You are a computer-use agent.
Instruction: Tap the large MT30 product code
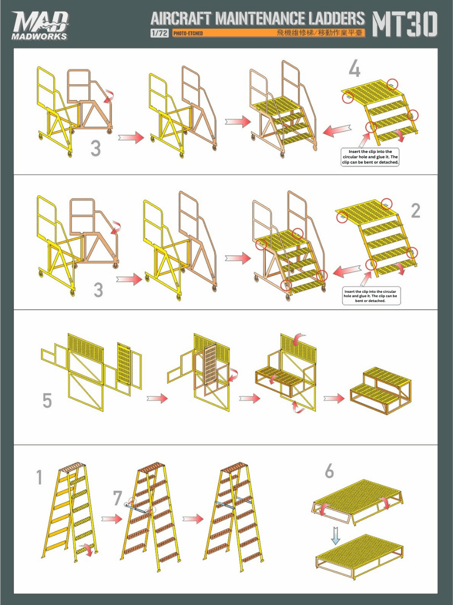pos(405,24)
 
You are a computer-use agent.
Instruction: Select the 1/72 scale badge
pos(159,33)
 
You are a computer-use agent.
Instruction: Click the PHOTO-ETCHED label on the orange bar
pos(188,33)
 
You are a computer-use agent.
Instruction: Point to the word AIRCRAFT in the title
pos(181,19)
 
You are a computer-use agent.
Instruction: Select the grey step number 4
pos(355,69)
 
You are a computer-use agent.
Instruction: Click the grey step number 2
pos(416,211)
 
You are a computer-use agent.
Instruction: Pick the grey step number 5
pos(47,400)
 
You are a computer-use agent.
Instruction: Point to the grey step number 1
pos(39,477)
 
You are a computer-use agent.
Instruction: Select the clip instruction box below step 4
pos(370,157)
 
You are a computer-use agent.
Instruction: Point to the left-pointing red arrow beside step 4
pos(337,130)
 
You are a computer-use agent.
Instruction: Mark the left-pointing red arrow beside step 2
pos(346,271)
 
